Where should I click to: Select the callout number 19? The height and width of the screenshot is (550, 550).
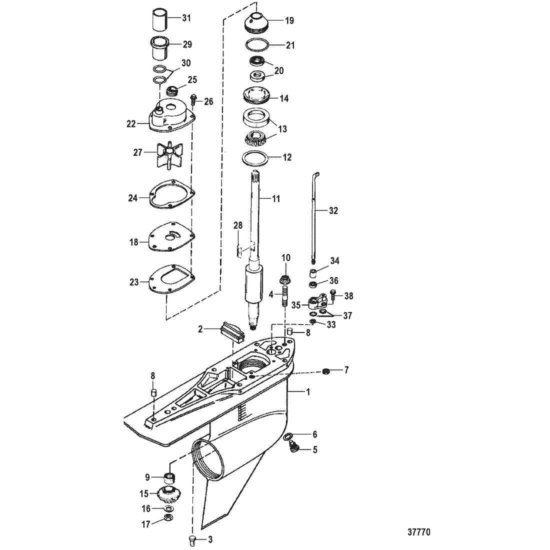click(289, 20)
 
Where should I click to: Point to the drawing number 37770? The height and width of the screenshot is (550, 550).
click(419, 532)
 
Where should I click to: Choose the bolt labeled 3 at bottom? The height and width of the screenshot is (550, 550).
click(192, 540)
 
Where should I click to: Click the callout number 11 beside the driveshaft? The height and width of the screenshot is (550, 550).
click(276, 199)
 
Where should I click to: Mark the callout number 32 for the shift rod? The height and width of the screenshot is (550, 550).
click(333, 210)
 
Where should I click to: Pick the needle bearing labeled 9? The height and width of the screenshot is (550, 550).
click(170, 477)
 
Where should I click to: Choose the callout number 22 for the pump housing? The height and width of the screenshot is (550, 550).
click(131, 124)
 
